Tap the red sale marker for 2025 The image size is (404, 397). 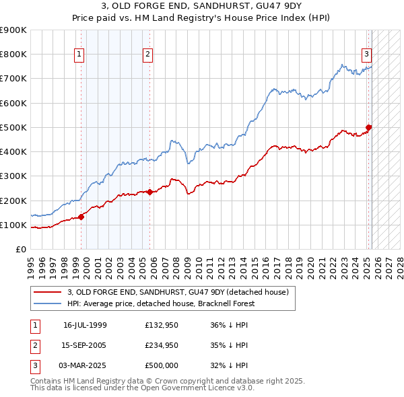tap(369, 127)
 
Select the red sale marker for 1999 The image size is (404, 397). tap(81, 217)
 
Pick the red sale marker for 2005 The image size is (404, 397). tap(149, 192)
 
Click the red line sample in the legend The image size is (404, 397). tap(48, 292)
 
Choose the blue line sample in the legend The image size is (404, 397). tap(48, 303)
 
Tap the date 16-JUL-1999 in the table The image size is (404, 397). tap(85, 325)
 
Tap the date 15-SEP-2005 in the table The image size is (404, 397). tap(85, 346)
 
